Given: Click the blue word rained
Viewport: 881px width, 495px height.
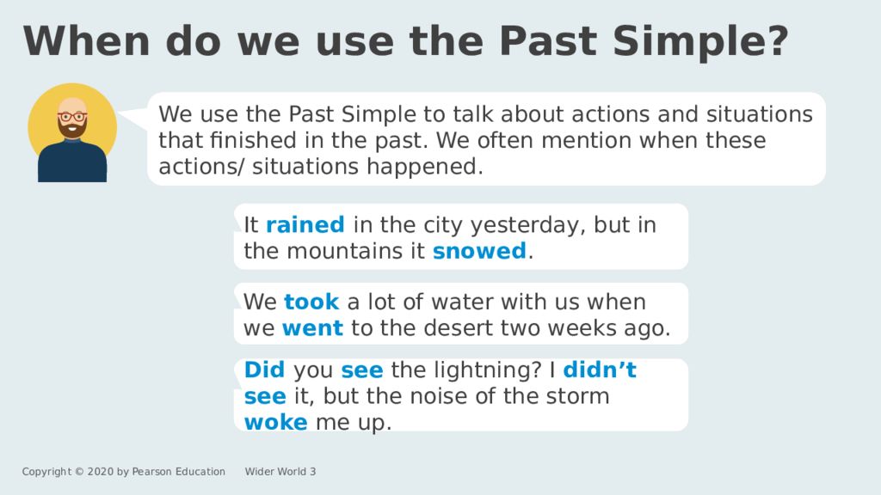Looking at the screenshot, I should coord(305,225).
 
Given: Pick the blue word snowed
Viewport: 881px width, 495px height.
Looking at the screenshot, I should coord(478,251).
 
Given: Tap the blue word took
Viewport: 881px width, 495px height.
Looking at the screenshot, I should coord(311,302).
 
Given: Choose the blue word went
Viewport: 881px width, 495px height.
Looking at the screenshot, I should coord(312,328).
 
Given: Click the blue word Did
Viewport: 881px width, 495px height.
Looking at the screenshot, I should coord(264,370).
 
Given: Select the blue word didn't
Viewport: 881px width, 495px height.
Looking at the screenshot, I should coord(600,370).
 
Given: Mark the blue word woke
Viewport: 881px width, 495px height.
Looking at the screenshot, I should coord(275,423).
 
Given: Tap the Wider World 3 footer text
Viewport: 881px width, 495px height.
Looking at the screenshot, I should coord(280,472).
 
